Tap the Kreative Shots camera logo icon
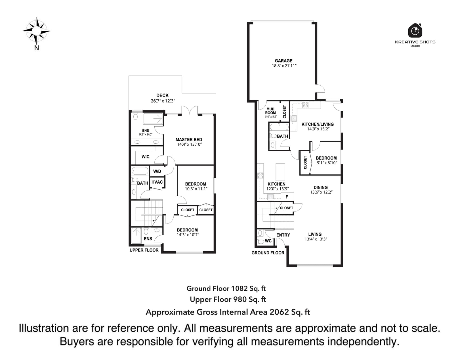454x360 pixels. click(415, 30)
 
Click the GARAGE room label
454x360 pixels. click(283, 60)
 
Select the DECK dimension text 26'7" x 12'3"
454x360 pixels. click(163, 101)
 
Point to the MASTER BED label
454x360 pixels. click(189, 140)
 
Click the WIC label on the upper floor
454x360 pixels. click(145, 157)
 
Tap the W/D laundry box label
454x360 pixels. click(157, 171)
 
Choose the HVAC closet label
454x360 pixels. click(157, 182)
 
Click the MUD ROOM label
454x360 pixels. click(270, 111)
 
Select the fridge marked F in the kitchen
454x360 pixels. click(287, 197)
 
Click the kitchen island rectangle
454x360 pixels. click(280, 172)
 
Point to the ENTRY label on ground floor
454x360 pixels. click(283, 235)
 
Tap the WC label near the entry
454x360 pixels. click(268, 241)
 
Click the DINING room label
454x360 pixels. click(321, 187)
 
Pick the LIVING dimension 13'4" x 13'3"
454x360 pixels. click(316, 239)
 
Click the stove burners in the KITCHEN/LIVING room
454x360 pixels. click(306, 105)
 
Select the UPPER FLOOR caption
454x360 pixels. click(144, 250)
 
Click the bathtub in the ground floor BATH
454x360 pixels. click(279, 127)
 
